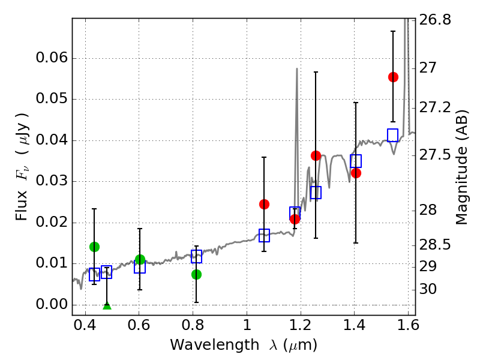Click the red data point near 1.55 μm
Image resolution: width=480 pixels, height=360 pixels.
393,77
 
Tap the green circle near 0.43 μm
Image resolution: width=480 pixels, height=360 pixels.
94,247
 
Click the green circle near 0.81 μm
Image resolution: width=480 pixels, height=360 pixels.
196,274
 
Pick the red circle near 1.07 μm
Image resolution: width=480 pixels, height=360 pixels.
264,204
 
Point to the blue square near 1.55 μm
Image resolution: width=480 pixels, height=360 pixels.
393,135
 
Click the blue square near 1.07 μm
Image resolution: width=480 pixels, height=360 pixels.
264,235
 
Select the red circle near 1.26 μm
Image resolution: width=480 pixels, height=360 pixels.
316,155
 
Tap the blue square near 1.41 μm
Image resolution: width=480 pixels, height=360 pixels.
356,161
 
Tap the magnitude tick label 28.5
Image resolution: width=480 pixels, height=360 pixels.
436,245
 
